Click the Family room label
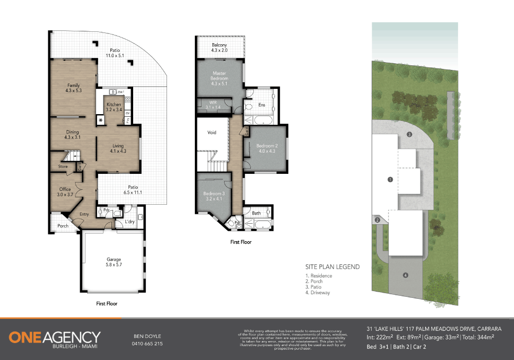(x=74, y=87)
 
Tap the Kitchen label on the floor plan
(x=114, y=107)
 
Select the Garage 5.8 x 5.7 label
(x=114, y=262)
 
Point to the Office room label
(x=65, y=192)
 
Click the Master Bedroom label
(x=219, y=78)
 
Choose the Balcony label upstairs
(x=219, y=48)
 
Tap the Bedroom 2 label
(x=266, y=148)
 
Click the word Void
(x=212, y=133)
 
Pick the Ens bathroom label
(x=262, y=105)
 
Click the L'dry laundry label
(x=130, y=222)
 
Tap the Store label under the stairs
(x=63, y=167)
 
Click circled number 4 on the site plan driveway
(x=406, y=275)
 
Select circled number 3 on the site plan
(x=409, y=134)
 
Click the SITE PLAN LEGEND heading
(x=333, y=267)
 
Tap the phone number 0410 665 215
(x=148, y=344)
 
